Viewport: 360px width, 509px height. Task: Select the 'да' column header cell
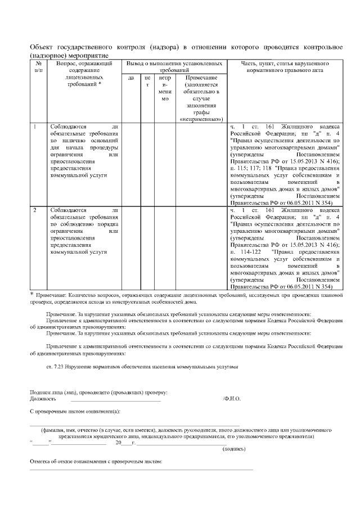coord(131,78)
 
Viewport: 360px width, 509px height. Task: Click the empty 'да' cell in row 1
coord(131,163)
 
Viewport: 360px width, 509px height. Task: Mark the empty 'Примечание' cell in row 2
coord(201,247)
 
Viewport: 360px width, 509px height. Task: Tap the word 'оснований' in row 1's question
coord(103,141)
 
